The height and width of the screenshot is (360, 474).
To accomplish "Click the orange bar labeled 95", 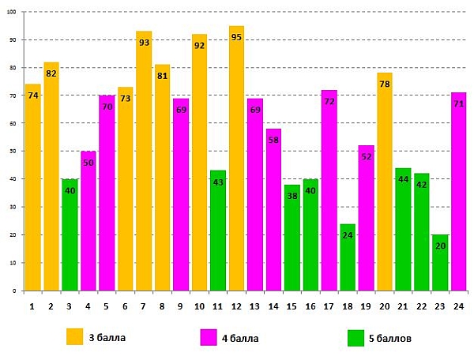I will (237, 158).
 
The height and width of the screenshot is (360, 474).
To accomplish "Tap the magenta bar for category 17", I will (329, 190).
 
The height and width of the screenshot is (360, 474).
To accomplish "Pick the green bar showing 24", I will (348, 257).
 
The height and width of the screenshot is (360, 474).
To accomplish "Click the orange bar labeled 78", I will (385, 182).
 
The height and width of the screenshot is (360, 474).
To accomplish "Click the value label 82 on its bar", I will (51, 73).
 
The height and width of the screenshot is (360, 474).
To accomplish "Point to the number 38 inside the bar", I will (292, 196).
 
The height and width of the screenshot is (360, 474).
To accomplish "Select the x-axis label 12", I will (236, 306).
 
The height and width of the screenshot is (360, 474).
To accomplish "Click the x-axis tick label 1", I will (32, 306).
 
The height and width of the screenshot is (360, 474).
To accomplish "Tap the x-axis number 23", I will (440, 306).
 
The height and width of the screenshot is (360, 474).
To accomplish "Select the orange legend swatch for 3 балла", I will (75, 337).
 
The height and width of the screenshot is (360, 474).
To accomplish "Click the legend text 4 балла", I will (240, 338).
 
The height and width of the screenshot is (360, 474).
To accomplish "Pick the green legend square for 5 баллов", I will (355, 337).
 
